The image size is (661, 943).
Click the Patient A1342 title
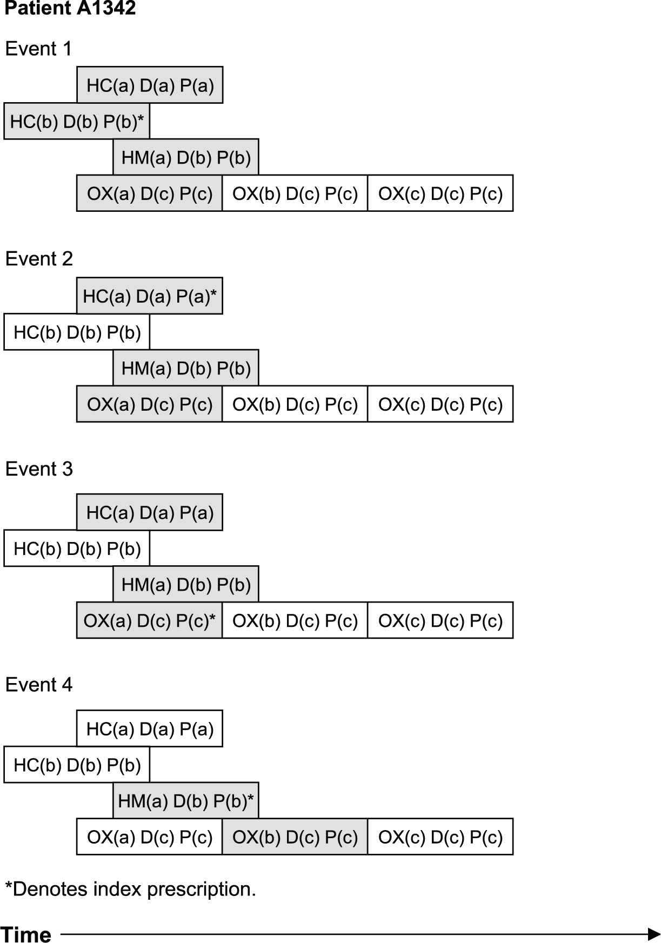click(70, 8)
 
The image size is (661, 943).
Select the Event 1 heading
click(38, 49)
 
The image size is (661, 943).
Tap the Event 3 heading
click(39, 469)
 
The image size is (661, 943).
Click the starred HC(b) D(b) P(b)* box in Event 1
click(77, 121)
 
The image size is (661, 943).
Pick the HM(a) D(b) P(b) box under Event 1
click(186, 157)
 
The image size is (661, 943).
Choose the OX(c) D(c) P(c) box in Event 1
click(440, 193)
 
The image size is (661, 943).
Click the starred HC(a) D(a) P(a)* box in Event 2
click(150, 296)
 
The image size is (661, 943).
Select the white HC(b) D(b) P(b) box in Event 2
click(77, 332)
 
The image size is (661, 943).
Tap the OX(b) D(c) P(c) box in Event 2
click(295, 404)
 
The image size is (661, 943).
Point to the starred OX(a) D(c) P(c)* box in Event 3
click(150, 620)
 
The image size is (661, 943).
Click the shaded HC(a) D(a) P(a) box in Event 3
click(150, 512)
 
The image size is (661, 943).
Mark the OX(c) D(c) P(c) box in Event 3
click(440, 620)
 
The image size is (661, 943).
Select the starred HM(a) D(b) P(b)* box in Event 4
click(186, 801)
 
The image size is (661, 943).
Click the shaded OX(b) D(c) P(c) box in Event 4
click(295, 837)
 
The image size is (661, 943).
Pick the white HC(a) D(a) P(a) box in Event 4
click(150, 728)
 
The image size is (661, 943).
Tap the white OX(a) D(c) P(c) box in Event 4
click(150, 837)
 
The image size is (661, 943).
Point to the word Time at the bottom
click(26, 934)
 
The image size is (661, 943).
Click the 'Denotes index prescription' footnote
click(130, 889)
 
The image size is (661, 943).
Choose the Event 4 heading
click(39, 685)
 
